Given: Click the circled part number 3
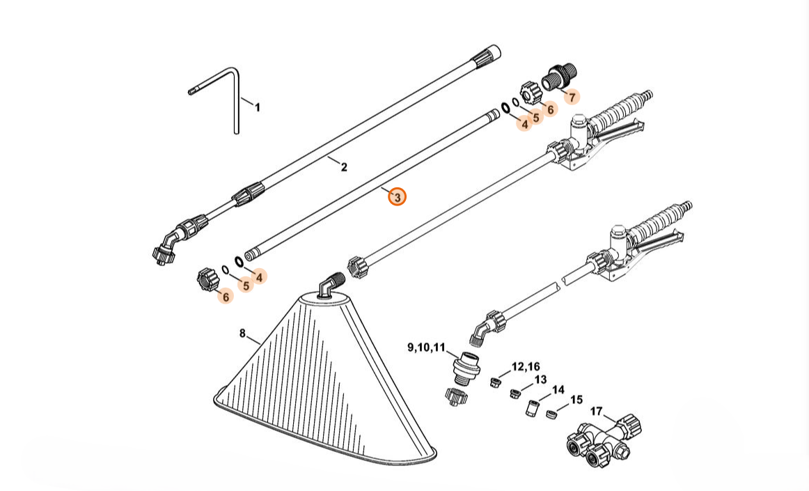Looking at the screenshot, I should [x=397, y=197].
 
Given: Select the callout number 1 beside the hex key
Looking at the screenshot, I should [x=257, y=107].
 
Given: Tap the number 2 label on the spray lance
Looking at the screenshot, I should [x=344, y=167].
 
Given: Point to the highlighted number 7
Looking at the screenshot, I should [x=572, y=97].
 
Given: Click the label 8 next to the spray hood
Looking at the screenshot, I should [x=242, y=334].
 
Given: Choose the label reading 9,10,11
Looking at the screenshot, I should [x=426, y=347].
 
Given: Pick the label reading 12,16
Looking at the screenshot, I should [x=526, y=366].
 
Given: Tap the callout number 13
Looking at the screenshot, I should [x=541, y=380].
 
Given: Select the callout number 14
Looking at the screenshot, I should [x=558, y=390].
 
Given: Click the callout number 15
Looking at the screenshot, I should [x=576, y=400].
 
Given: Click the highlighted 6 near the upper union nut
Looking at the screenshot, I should [x=550, y=109].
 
